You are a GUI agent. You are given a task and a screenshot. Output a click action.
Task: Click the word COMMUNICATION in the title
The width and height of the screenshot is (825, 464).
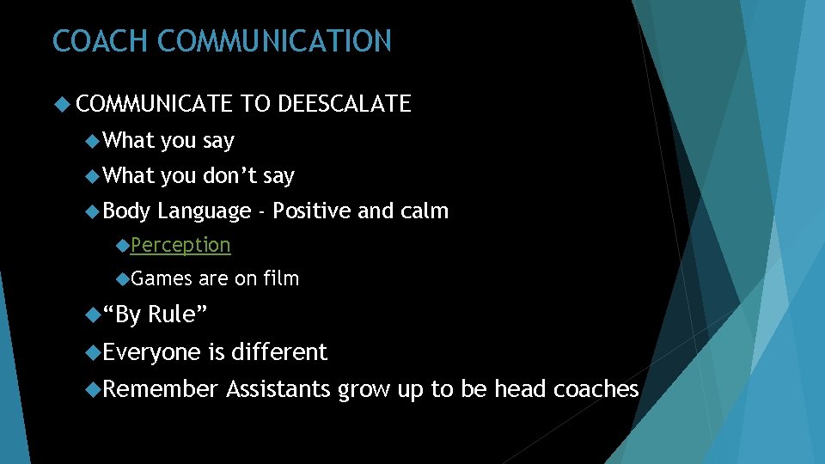point(275,41)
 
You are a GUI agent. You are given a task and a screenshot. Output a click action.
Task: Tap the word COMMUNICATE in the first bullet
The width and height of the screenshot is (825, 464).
point(154,105)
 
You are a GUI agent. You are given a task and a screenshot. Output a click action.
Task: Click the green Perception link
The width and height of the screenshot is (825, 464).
point(180,245)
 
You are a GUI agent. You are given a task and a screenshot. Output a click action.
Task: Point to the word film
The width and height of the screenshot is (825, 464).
point(281,278)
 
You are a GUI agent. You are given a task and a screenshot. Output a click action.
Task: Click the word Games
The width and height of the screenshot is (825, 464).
point(162,278)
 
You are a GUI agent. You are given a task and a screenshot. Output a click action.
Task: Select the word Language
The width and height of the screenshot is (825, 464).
point(206,211)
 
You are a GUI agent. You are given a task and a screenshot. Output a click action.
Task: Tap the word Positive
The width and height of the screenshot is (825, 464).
point(311,211)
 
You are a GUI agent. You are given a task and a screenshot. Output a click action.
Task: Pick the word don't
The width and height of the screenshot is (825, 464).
point(230,176)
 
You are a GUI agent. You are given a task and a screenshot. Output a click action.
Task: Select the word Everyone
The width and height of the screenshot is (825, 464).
point(151,352)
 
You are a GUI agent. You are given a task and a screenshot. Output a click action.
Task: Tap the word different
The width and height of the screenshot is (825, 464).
point(279,352)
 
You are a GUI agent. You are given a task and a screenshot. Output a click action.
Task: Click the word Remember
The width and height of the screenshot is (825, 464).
point(161,389)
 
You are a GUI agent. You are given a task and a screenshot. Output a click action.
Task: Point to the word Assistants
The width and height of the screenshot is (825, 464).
point(278,389)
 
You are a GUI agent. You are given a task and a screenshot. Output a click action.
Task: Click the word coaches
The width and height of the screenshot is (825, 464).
point(596,389)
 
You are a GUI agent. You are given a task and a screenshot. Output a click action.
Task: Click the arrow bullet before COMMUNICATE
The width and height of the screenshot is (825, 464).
point(61,105)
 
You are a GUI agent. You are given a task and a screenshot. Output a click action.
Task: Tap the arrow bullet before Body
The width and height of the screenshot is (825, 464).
point(94,211)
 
